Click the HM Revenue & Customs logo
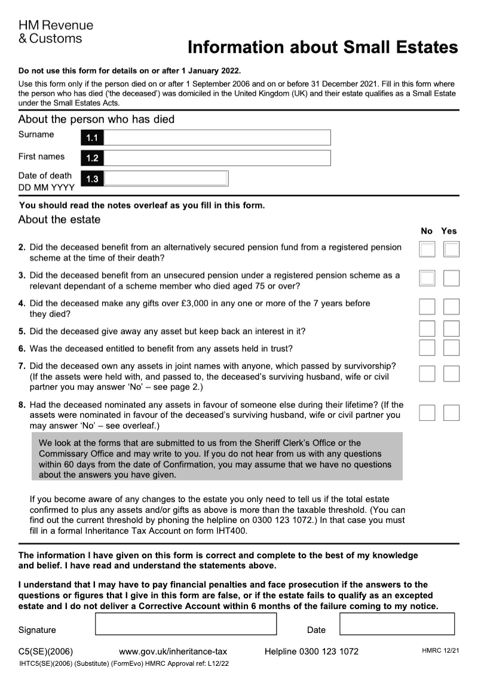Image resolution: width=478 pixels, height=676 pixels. point(56,32)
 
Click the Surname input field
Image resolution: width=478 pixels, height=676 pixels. point(217,137)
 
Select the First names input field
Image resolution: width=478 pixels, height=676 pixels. point(217,158)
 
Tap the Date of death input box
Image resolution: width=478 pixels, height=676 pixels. point(166,178)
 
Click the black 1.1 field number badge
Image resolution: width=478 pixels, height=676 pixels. point(91,138)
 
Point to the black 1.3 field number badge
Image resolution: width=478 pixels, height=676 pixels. point(91,179)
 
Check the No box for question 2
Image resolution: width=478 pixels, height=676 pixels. point(427,249)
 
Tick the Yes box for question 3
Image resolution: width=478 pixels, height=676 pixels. point(452,278)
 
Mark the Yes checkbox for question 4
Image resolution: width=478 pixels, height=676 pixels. point(452,307)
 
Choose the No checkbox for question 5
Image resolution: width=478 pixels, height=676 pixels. point(427,329)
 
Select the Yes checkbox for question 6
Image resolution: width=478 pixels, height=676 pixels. point(452,347)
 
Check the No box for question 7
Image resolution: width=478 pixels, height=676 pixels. point(427,374)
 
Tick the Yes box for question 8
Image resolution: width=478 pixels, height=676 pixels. point(452,412)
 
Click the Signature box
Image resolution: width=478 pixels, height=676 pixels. point(186,623)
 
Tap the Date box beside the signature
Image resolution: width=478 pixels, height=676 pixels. point(397,623)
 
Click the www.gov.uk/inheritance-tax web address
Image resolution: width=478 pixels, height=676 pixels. point(173,651)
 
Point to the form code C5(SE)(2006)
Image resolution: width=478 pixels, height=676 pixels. point(46,651)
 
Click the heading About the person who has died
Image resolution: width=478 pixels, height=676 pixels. point(96,119)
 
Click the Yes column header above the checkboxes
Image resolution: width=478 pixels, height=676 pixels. point(449,231)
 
